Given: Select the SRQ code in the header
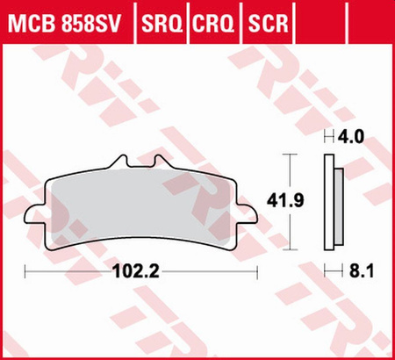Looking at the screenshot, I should [x=161, y=20].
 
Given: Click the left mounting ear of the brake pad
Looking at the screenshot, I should [x=36, y=215].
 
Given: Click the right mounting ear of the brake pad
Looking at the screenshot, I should [x=248, y=215].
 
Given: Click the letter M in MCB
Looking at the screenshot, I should [x=17, y=20].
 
